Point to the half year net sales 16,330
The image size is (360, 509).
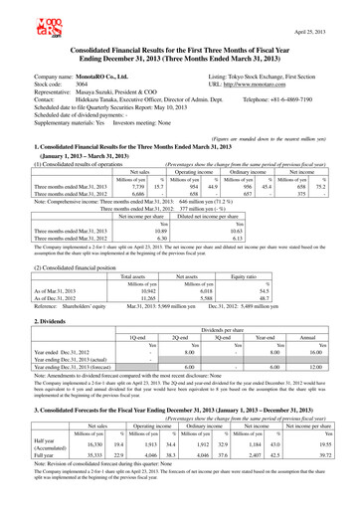click(77, 469)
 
